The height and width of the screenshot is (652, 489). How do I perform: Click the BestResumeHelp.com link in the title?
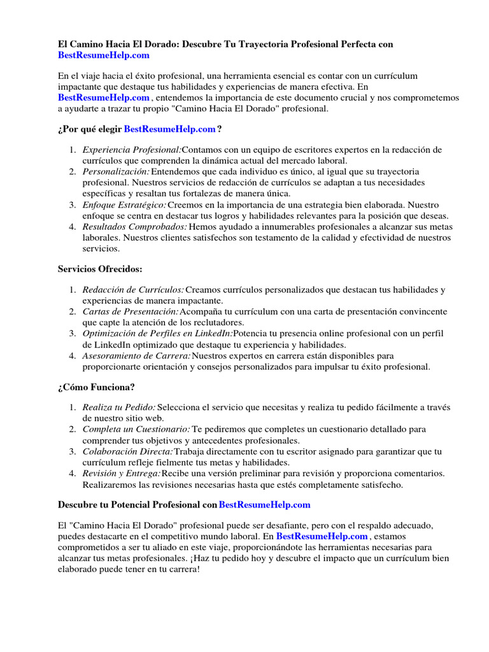click(x=104, y=56)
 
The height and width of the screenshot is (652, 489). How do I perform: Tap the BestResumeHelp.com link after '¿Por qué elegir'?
click(x=169, y=129)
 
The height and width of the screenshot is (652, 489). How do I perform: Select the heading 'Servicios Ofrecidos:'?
click(x=100, y=269)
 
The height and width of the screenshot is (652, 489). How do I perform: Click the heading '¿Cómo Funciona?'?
click(x=96, y=386)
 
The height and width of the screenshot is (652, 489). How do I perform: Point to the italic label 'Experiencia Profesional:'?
click(x=132, y=150)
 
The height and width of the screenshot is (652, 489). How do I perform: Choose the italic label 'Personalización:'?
click(x=117, y=172)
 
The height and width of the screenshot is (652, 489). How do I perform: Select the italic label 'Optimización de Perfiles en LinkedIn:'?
click(x=158, y=334)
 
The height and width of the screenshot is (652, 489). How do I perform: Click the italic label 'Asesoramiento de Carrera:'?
click(x=136, y=355)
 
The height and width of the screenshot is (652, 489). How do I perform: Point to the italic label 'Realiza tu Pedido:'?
click(x=119, y=407)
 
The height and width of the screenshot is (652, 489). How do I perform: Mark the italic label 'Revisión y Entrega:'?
click(x=122, y=473)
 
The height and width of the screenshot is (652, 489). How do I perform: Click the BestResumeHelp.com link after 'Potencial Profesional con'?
click(x=264, y=505)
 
